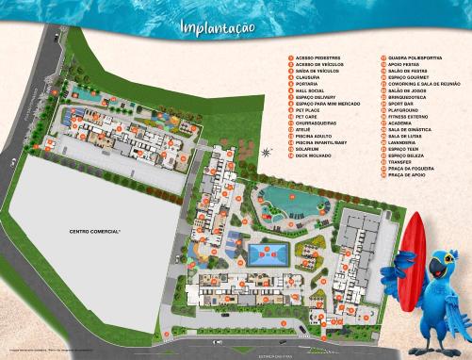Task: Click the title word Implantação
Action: pos(219,26)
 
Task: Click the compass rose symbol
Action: pos(267,151)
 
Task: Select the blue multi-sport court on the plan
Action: pos(269,253)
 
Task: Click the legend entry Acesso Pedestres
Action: pos(318,57)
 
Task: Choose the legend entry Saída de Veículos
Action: pos(318,71)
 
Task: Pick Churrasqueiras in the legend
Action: pos(317,123)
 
